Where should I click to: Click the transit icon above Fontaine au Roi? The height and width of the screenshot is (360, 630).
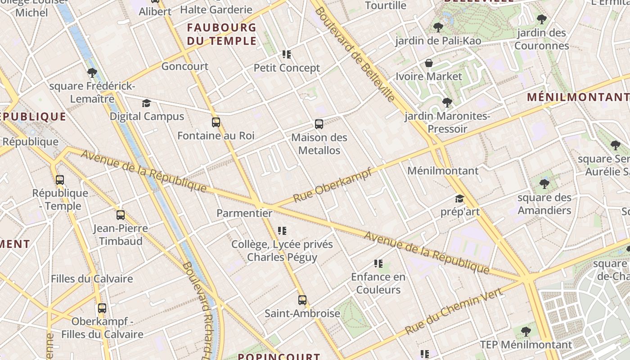[216, 122]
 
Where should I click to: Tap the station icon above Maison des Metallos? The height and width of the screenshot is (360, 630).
[319, 124]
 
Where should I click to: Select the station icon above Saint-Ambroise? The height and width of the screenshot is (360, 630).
[302, 300]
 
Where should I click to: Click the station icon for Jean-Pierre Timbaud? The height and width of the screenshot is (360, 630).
[121, 215]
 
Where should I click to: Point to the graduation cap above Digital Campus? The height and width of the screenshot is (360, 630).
[146, 103]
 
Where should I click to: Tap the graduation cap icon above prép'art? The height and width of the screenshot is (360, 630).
[459, 198]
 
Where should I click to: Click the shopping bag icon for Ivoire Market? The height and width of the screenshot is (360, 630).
[429, 63]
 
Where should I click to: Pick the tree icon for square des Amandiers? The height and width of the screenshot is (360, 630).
[544, 184]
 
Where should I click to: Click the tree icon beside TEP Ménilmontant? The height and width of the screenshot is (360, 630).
[526, 332]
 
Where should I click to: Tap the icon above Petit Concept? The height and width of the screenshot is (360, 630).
[287, 54]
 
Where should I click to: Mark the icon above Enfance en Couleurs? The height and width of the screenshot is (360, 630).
[378, 264]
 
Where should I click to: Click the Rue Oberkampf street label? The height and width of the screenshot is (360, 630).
[333, 185]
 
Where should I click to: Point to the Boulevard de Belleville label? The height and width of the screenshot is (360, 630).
[355, 54]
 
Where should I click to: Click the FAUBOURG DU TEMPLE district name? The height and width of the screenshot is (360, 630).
[221, 34]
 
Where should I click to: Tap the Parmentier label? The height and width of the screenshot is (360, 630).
[244, 213]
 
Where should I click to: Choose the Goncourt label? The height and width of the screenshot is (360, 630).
[184, 66]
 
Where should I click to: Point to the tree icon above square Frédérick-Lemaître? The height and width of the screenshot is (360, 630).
[92, 72]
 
